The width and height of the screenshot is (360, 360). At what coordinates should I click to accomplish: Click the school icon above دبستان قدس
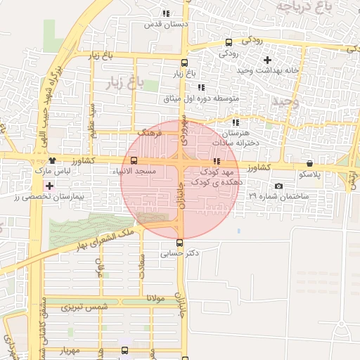(x=166, y=13)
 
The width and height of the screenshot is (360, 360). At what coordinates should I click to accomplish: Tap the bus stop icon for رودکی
(x=229, y=42)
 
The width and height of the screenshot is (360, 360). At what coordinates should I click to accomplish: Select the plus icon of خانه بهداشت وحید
(x=267, y=60)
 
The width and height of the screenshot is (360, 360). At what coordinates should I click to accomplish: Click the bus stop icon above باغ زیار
(x=182, y=60)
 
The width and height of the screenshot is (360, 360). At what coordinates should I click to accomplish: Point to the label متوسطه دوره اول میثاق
(x=202, y=98)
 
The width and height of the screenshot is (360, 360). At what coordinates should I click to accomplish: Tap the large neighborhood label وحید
(x=285, y=102)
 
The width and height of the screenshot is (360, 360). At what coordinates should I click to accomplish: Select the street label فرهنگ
(x=150, y=131)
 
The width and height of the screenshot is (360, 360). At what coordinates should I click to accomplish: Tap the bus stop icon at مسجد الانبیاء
(x=134, y=161)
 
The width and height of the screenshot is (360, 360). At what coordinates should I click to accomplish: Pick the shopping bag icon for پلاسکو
(x=310, y=163)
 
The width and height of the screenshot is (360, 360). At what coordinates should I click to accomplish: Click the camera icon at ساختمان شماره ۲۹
(x=279, y=186)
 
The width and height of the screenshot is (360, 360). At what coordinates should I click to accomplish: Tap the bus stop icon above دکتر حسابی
(x=179, y=243)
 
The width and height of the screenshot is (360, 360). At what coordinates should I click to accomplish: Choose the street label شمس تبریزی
(x=85, y=307)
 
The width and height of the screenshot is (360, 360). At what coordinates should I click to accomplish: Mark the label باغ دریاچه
(x=303, y=7)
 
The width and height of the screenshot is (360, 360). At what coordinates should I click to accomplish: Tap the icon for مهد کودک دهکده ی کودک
(x=217, y=162)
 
